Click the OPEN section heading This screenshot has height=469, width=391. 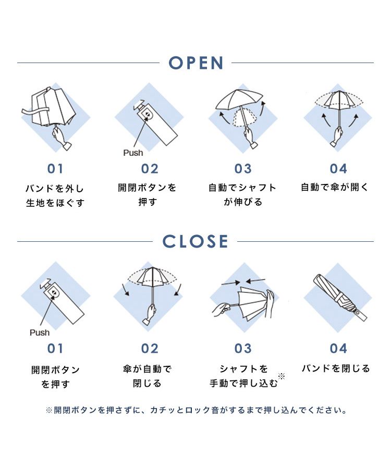(196, 63)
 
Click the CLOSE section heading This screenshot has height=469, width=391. (195, 242)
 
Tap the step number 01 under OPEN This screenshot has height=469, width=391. (55, 169)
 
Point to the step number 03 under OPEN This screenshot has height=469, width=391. (243, 169)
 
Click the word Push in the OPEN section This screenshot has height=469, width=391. (133, 153)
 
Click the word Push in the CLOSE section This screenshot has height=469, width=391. (40, 332)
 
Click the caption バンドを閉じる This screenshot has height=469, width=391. (336, 368)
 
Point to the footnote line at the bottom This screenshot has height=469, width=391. (196, 410)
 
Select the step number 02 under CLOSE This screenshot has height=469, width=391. (150, 348)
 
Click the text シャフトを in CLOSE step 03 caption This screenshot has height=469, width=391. (243, 369)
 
